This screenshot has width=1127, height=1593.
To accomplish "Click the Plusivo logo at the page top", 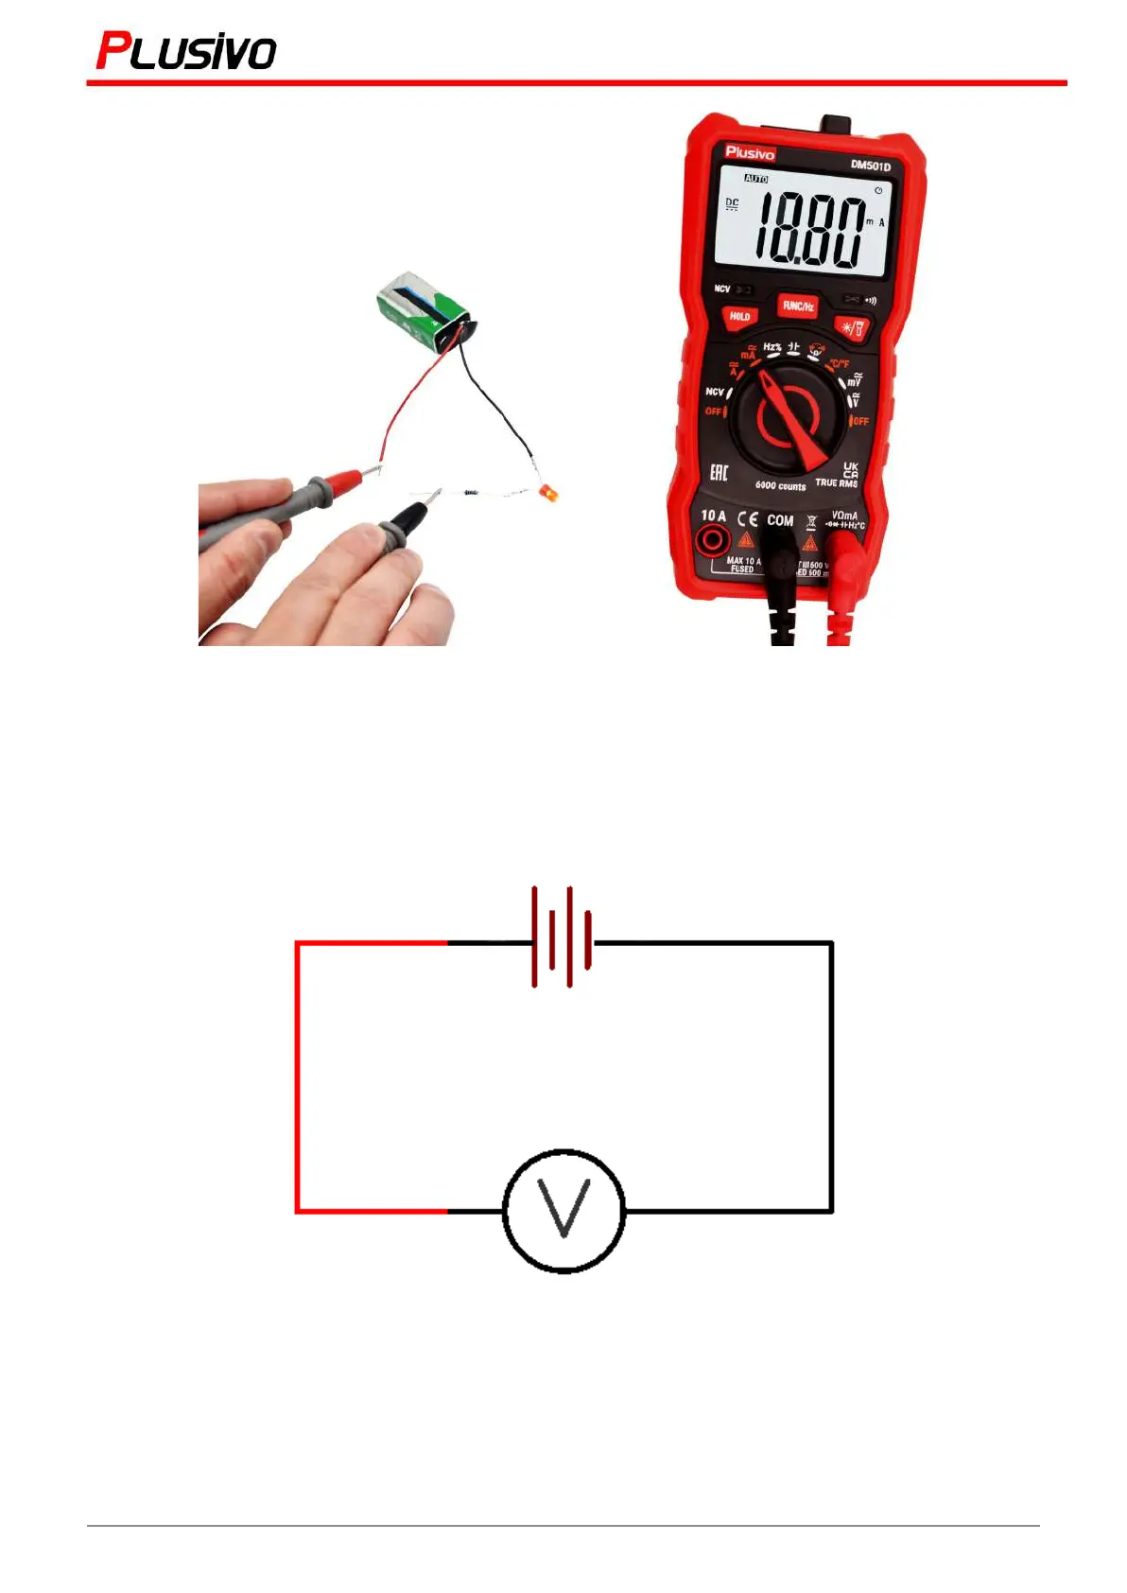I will point(186,51).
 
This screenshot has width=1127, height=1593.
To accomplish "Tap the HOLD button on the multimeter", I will point(739,317).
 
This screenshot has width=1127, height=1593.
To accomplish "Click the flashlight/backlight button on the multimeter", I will point(852,328).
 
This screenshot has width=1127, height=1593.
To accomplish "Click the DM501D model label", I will point(870,166).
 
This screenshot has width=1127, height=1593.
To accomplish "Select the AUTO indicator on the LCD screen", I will point(756,178).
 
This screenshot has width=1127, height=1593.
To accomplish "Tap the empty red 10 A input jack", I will point(712,541).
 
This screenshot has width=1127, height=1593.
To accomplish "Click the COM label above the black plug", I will point(780,520).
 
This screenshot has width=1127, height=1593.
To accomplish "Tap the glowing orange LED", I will point(547,494).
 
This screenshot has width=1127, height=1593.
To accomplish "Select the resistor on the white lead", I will point(471,492).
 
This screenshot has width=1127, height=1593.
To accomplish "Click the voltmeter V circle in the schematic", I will point(563,1210).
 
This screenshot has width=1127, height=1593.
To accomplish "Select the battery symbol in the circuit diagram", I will point(563,937).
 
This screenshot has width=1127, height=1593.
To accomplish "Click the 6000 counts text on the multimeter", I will point(780,486).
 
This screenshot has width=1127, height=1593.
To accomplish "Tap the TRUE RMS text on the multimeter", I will point(836,483).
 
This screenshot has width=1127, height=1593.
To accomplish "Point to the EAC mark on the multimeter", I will point(719,472).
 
